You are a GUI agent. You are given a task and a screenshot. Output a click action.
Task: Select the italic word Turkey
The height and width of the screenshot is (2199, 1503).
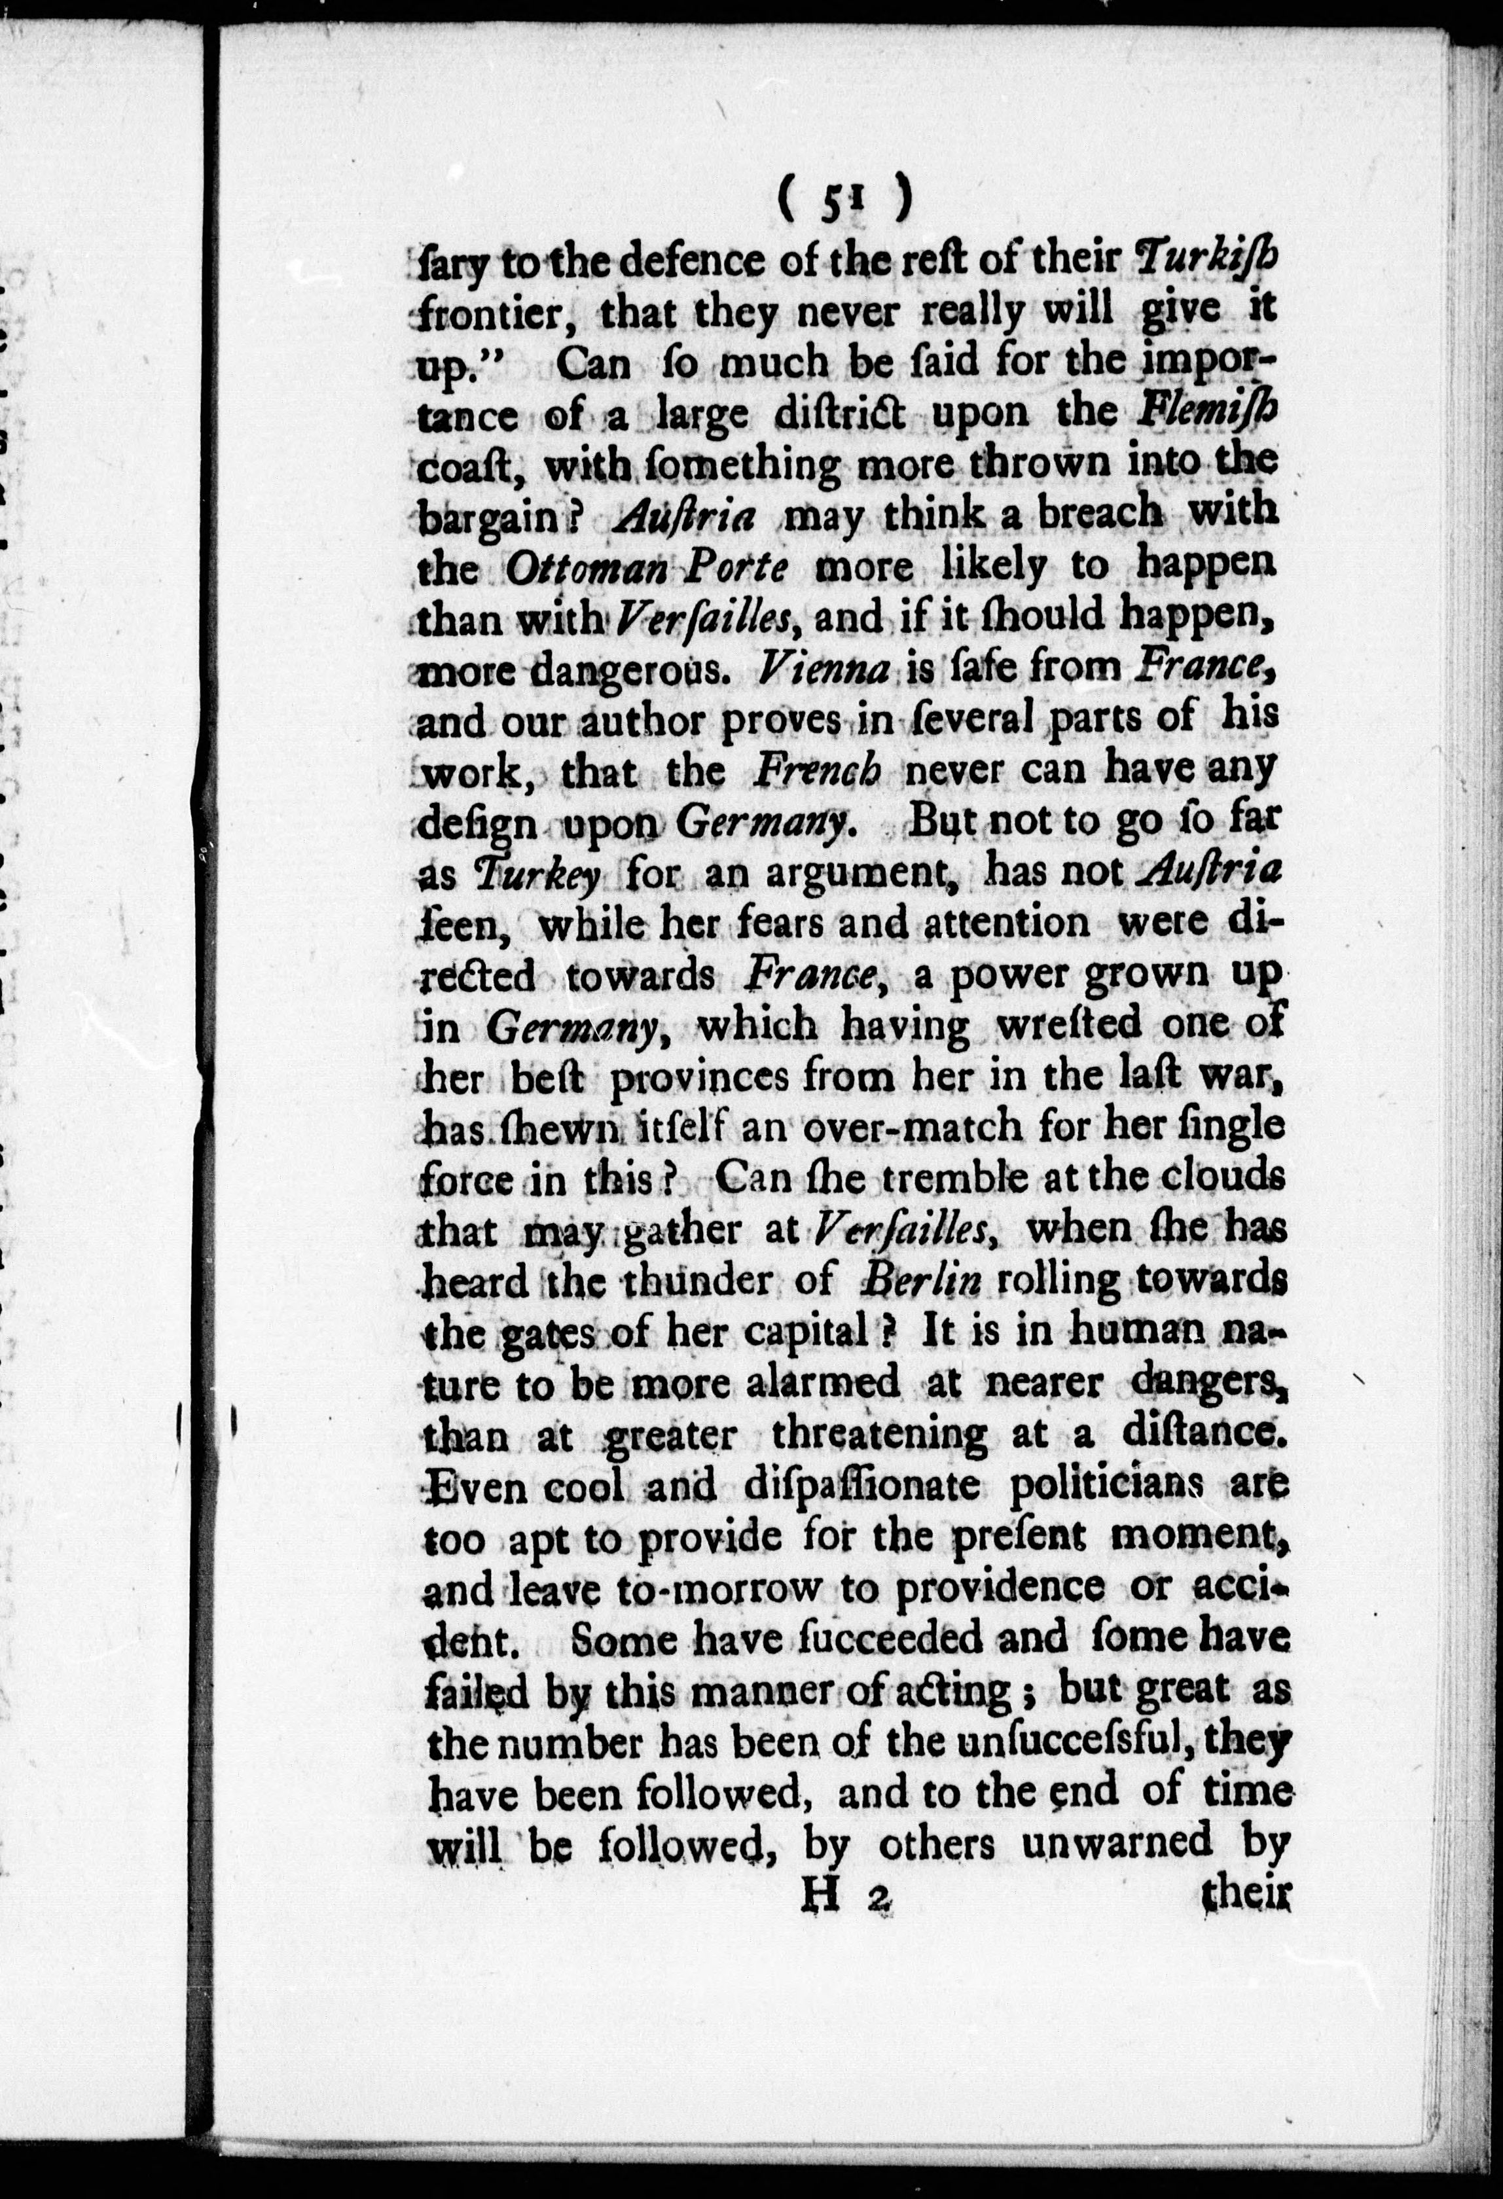coord(537,874)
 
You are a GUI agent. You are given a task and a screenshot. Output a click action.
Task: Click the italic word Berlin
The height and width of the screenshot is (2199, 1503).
coord(908,1282)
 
